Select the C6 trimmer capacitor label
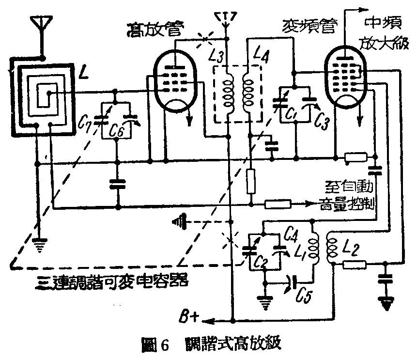[x=116, y=130]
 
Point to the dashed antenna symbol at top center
[x=226, y=18]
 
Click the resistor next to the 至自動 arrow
[x=278, y=203]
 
